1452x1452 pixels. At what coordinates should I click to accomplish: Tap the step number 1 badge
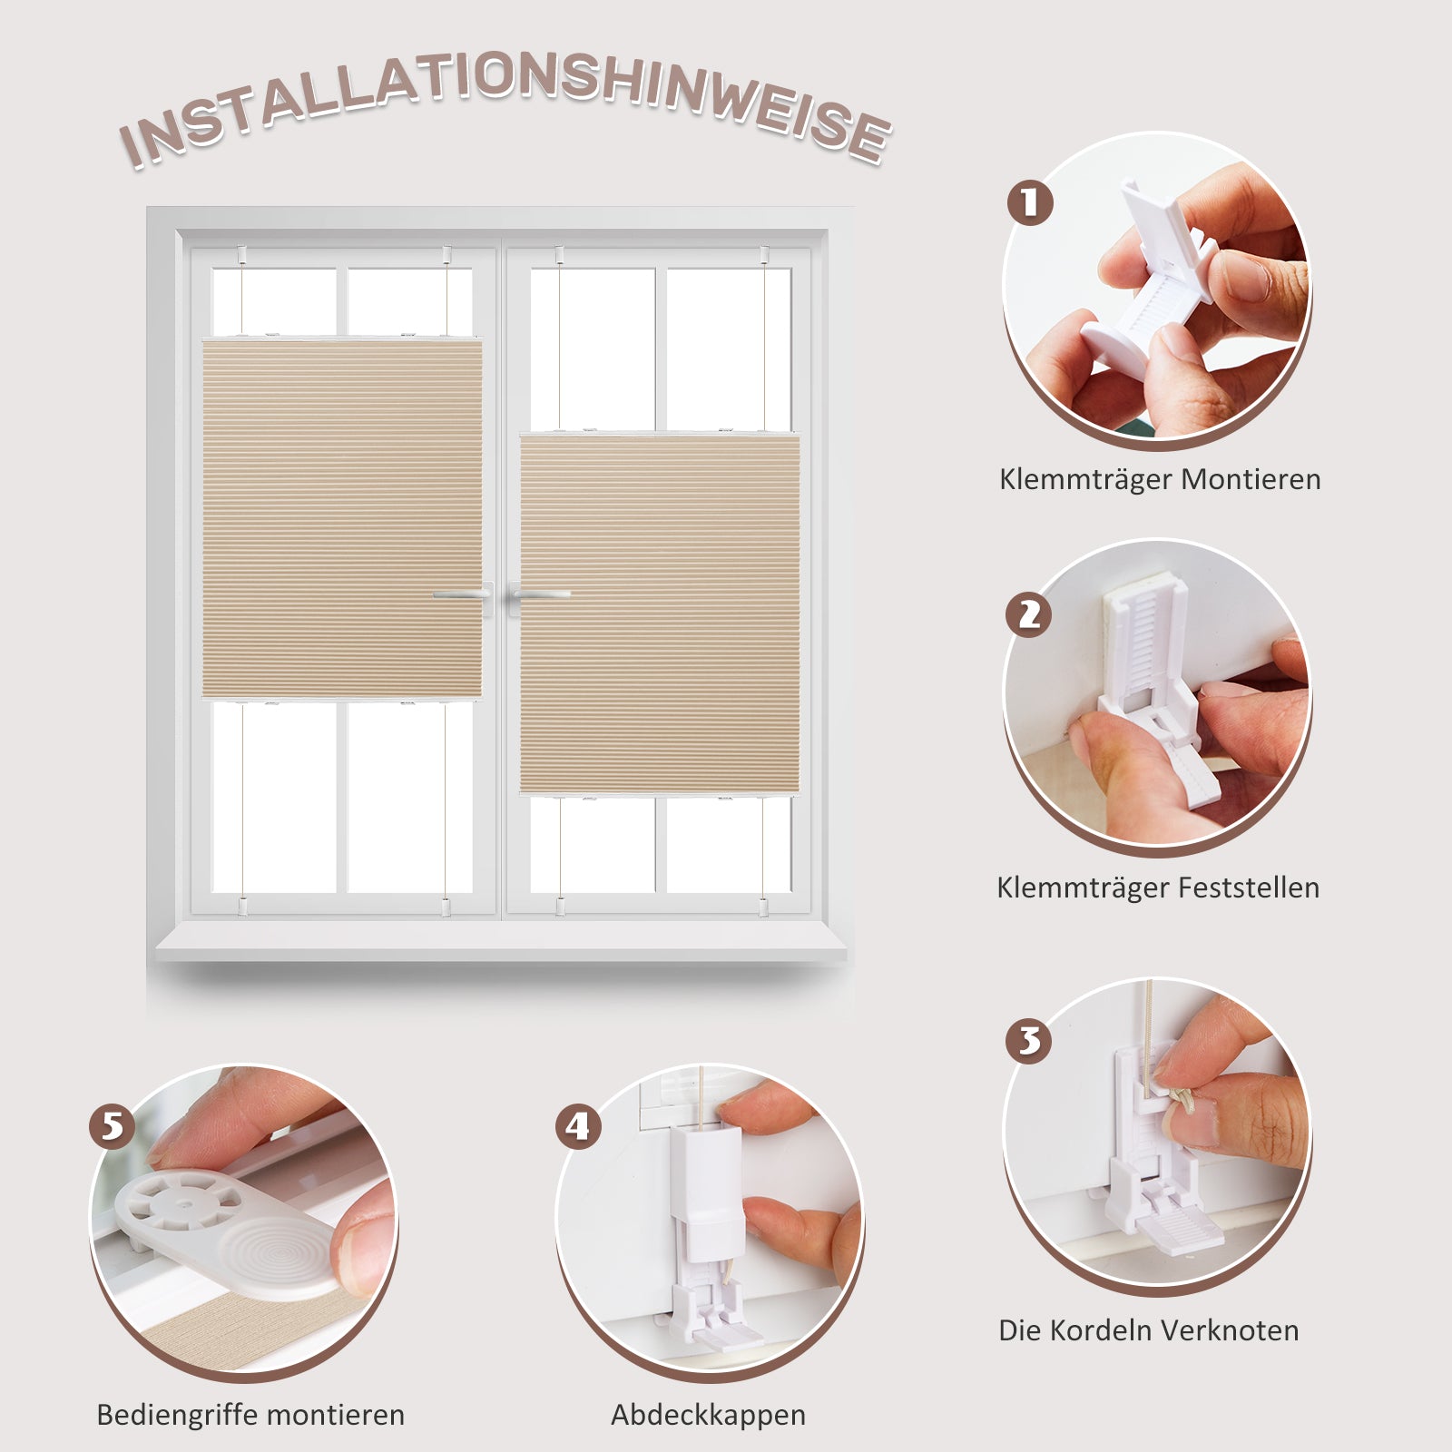pyautogui.click(x=1030, y=202)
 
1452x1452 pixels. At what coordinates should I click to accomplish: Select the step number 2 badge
pyautogui.click(x=1029, y=614)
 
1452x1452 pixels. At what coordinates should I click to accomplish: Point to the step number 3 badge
pyautogui.click(x=1029, y=1040)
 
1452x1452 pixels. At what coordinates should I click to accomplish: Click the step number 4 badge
pyautogui.click(x=579, y=1126)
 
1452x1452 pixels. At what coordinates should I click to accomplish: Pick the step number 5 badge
pyautogui.click(x=113, y=1126)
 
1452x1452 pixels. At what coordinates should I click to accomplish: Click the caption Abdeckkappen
pyautogui.click(x=708, y=1416)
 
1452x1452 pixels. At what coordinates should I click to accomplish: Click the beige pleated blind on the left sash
pyautogui.click(x=341, y=519)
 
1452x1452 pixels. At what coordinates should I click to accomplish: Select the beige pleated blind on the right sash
pyautogui.click(x=660, y=614)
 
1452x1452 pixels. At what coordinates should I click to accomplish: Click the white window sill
pyautogui.click(x=501, y=944)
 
